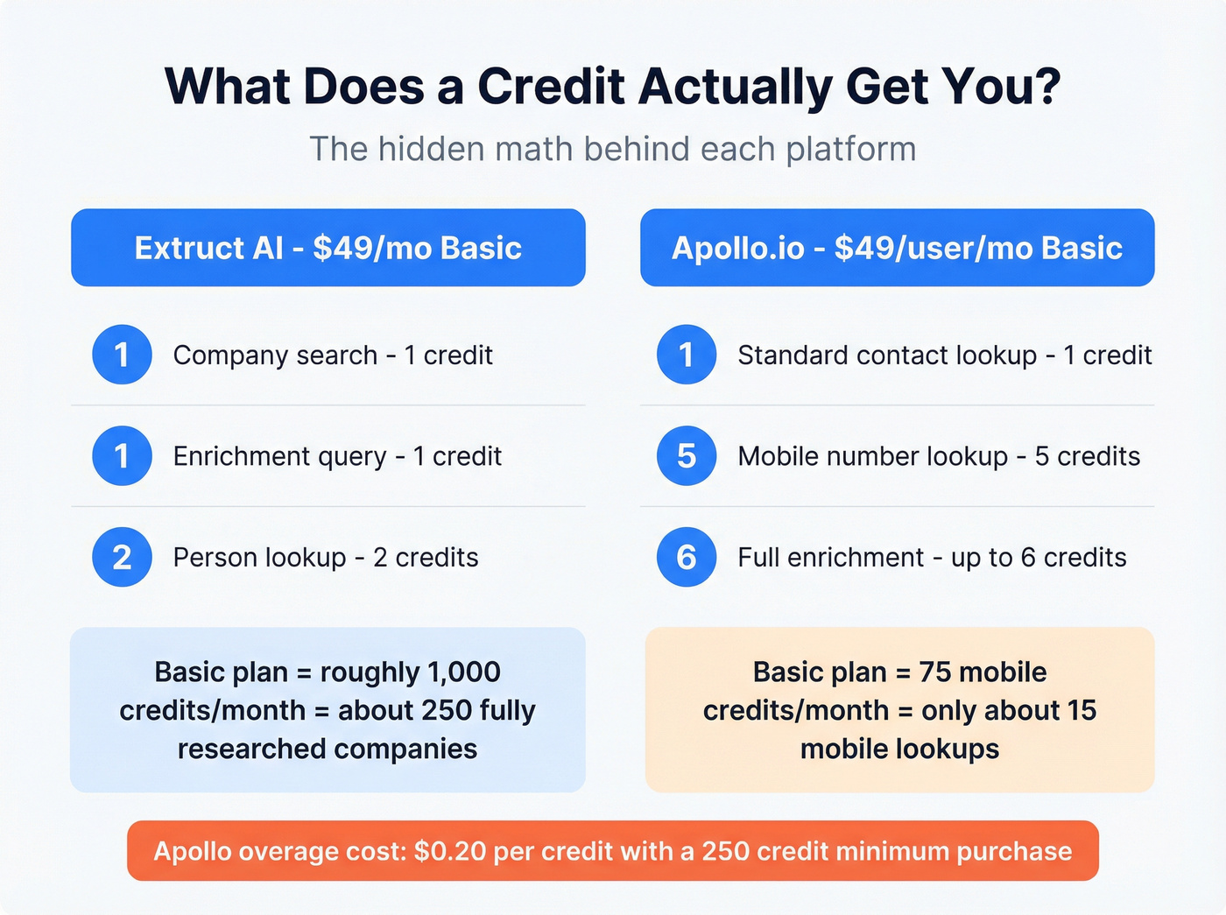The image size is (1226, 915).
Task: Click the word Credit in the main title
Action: pos(551,87)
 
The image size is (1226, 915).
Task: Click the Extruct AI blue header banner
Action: pos(328,248)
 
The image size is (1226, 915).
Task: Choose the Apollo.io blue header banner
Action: pos(897,248)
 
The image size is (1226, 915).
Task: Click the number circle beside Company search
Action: pos(122,355)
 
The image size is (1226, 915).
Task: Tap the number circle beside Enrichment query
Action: pos(122,455)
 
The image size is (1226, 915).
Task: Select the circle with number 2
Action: pos(122,557)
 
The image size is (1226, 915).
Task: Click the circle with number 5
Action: pos(687,455)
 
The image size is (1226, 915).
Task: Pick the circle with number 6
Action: pos(687,557)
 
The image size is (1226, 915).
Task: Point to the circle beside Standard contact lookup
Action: pos(687,355)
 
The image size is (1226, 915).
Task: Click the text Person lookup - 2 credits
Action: pos(326,558)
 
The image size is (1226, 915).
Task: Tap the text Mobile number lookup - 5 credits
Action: pos(939,456)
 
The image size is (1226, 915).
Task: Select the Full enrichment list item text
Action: pos(932,558)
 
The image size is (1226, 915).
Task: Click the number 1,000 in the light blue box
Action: pos(464,672)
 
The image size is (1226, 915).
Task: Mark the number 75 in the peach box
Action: pos(934,672)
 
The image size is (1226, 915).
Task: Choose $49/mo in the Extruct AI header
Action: pos(372,249)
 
